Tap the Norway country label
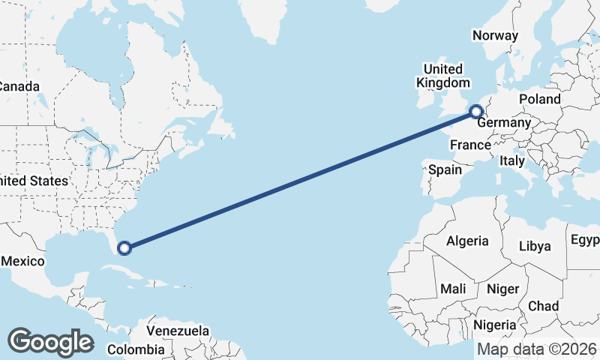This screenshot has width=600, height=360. [x=495, y=35]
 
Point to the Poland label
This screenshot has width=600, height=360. [x=539, y=99]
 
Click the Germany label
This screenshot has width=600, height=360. [x=504, y=123]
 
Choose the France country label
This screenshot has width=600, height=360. [x=470, y=145]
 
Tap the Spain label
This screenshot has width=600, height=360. [x=445, y=169]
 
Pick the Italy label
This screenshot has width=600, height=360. [x=512, y=160]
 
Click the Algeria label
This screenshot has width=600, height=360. [x=467, y=241]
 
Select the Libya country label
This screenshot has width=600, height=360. [x=535, y=246]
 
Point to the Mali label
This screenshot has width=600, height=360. [x=454, y=289]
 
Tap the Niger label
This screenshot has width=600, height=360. [x=502, y=289]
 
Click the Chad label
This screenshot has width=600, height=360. [x=543, y=306]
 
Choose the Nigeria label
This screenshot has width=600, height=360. [x=494, y=325]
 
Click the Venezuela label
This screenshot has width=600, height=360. [x=178, y=331]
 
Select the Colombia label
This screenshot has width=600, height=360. [x=136, y=349]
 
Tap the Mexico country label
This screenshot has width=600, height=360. [x=22, y=261]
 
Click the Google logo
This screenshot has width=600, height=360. [x=50, y=341]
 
